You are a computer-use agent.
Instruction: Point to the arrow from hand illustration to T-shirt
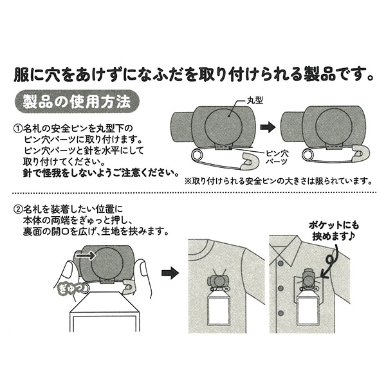coord(169,273)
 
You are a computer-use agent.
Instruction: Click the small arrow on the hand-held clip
coord(83,255)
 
